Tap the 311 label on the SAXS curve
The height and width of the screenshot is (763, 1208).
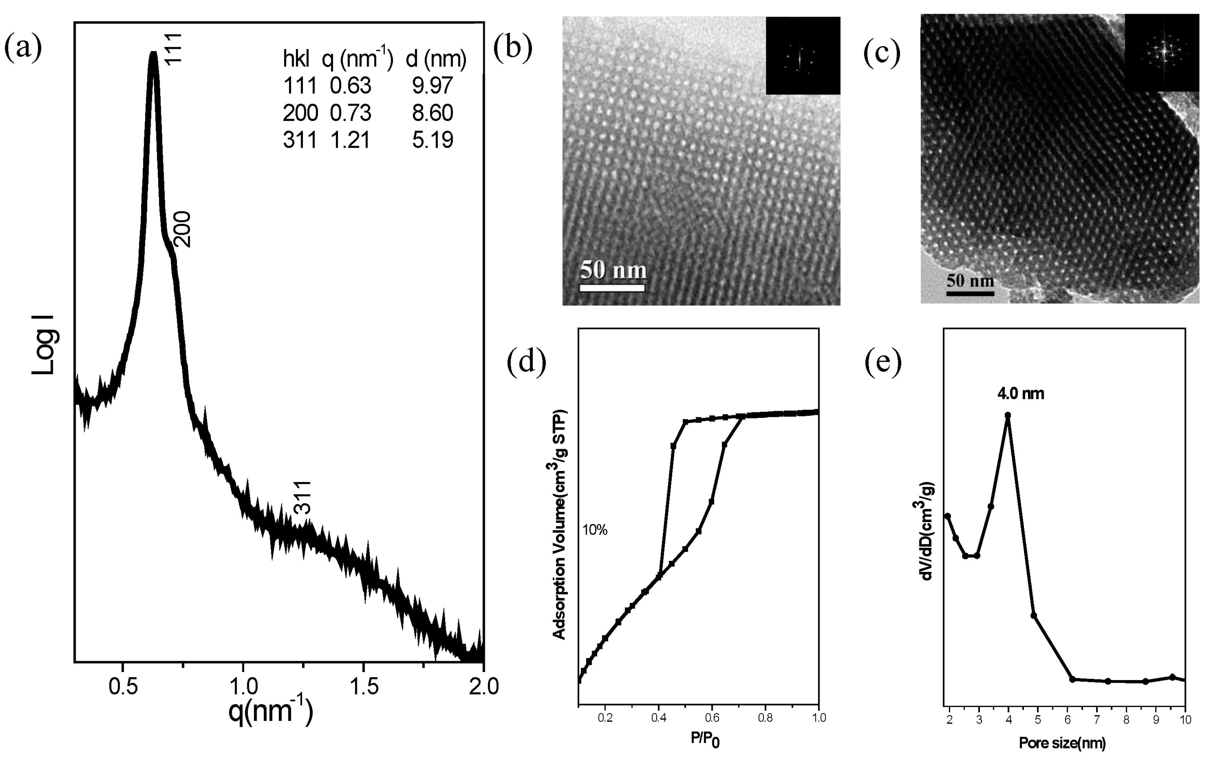(x=303, y=497)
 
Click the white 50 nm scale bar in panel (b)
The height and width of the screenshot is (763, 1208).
(x=612, y=288)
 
